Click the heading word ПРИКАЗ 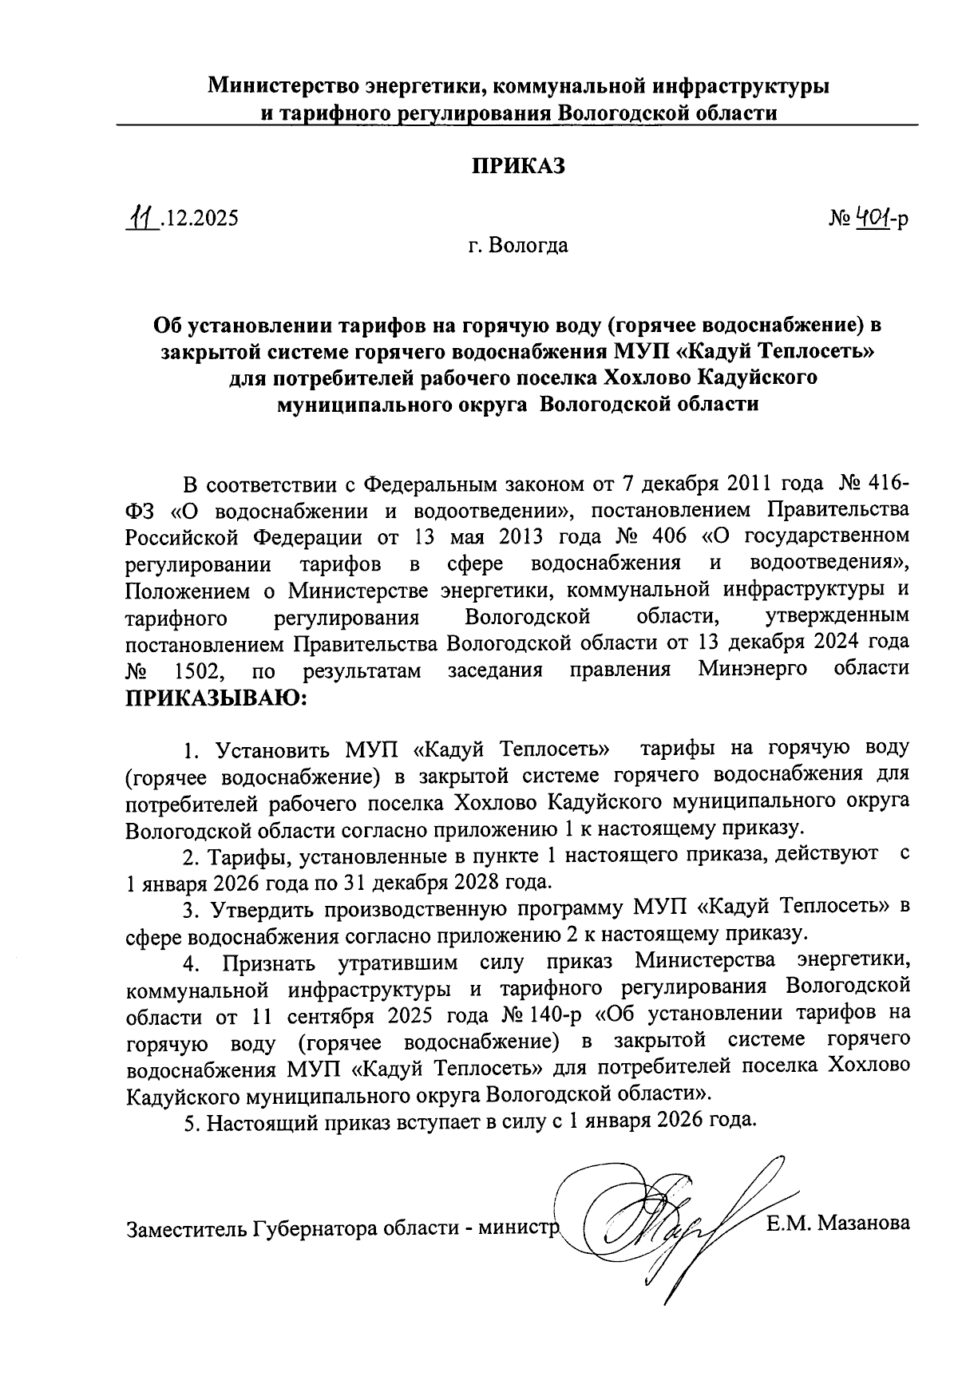[x=518, y=166]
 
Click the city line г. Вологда [x=518, y=246]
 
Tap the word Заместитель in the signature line [x=186, y=1229]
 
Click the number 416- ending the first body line [x=881, y=484]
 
